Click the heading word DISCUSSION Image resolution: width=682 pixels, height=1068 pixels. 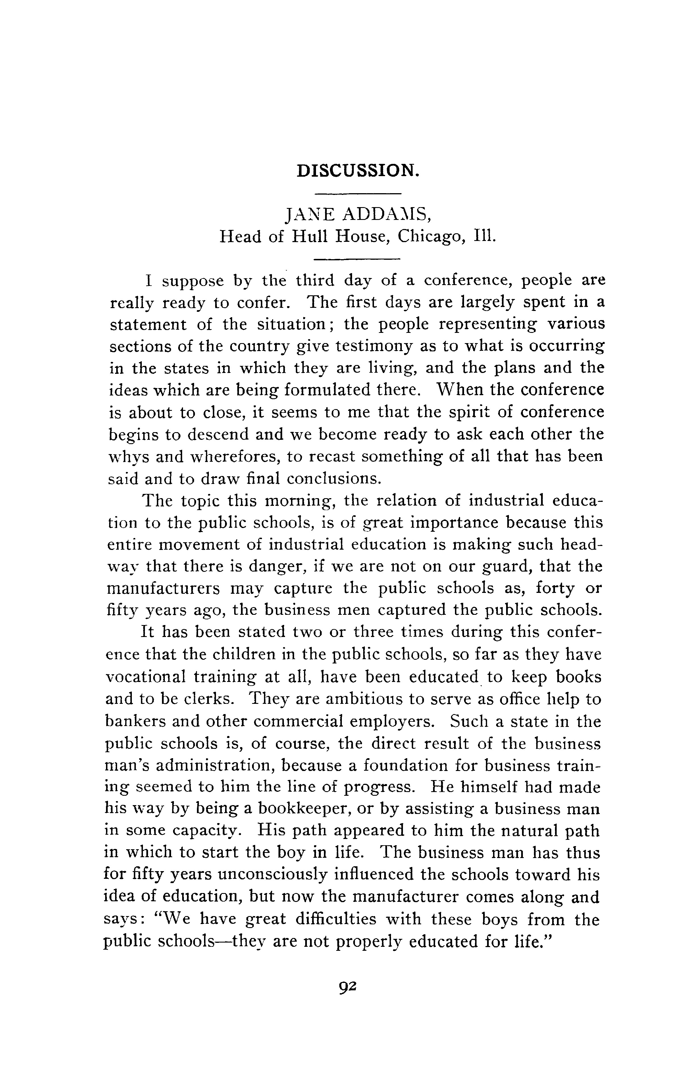(357, 170)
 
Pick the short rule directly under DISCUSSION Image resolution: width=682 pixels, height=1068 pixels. (357, 194)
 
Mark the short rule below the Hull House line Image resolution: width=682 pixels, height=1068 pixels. (357, 259)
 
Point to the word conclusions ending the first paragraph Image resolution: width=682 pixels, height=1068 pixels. (333, 479)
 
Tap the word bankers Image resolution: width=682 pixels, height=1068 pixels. (134, 721)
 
